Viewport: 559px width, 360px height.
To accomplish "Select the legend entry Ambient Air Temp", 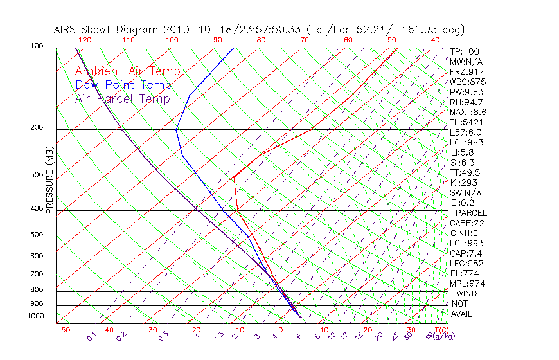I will click(127, 71).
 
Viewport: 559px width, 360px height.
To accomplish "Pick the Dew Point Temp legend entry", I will click(123, 85).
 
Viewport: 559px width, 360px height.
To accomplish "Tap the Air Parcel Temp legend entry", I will click(122, 98).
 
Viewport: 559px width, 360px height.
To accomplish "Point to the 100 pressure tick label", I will click(37, 46).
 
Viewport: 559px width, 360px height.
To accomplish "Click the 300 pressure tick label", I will click(37, 175).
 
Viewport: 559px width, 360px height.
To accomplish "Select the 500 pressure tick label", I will click(37, 235).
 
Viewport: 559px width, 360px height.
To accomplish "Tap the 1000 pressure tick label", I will click(35, 316).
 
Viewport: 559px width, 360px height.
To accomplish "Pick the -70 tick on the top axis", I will click(301, 39).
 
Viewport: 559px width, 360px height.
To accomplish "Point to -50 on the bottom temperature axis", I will click(62, 330).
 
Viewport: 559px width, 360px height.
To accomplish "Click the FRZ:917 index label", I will click(466, 72).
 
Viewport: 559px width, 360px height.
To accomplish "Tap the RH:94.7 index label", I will click(466, 102).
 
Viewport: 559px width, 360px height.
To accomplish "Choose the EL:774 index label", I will click(465, 273).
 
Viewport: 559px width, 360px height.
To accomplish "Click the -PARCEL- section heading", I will click(472, 213).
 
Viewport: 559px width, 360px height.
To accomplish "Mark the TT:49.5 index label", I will click(466, 172).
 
